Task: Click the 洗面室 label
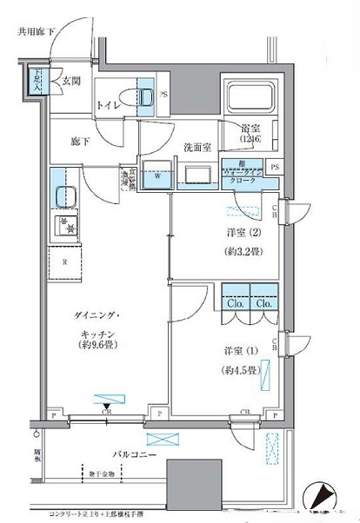point(197,147)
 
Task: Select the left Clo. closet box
point(235,304)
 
